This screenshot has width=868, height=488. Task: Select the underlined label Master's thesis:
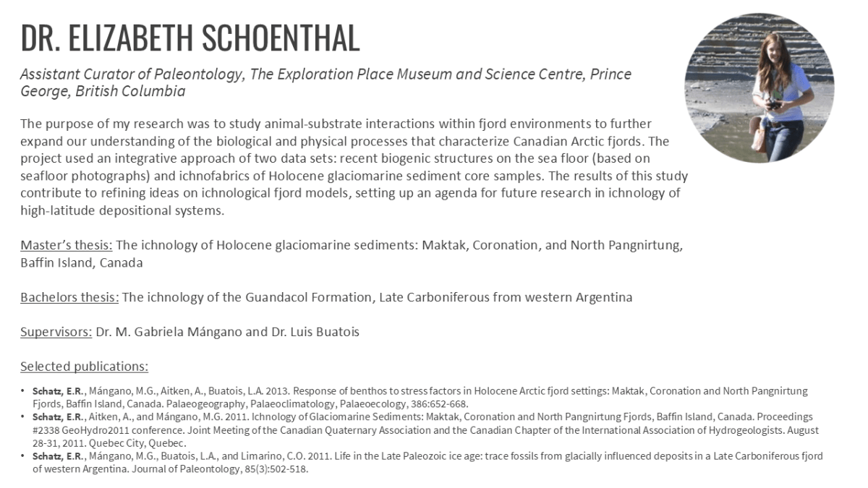pos(66,245)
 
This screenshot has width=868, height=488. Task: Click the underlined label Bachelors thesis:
pos(69,297)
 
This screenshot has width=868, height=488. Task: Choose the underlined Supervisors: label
pos(56,332)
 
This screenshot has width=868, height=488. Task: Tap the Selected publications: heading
pos(84,367)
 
